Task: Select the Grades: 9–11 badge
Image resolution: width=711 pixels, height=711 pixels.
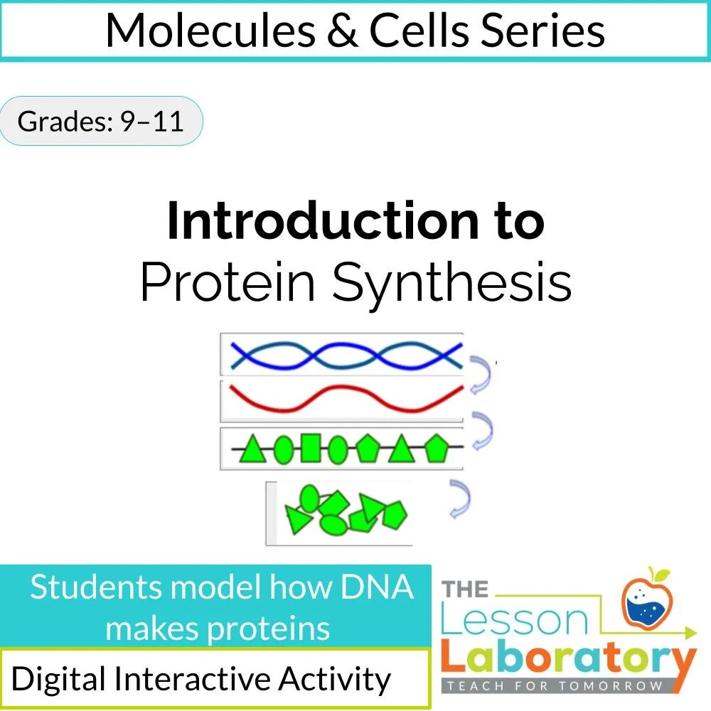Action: [100, 122]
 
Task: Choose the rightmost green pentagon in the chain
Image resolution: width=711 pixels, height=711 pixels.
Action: [434, 449]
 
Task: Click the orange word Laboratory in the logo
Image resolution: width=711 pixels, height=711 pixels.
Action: [567, 658]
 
